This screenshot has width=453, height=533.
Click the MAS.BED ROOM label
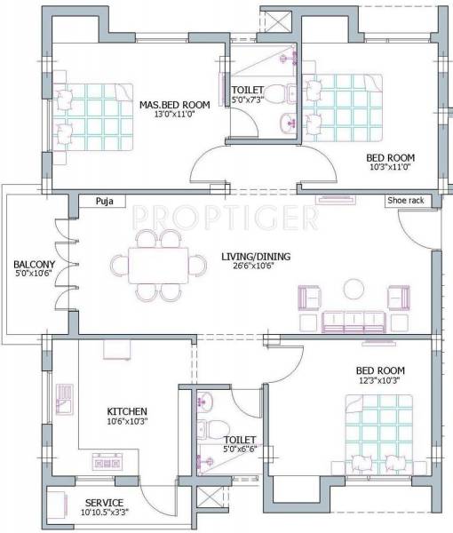tap(174, 105)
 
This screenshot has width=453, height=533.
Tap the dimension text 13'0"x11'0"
tap(174, 115)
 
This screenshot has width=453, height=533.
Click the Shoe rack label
tap(405, 201)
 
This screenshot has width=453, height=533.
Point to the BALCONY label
tap(34, 265)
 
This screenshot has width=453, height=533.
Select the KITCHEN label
tap(127, 411)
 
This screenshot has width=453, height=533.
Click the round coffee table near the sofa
tap(354, 289)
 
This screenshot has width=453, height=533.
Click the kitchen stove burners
tap(107, 462)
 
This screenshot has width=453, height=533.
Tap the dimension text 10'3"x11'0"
tap(391, 169)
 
